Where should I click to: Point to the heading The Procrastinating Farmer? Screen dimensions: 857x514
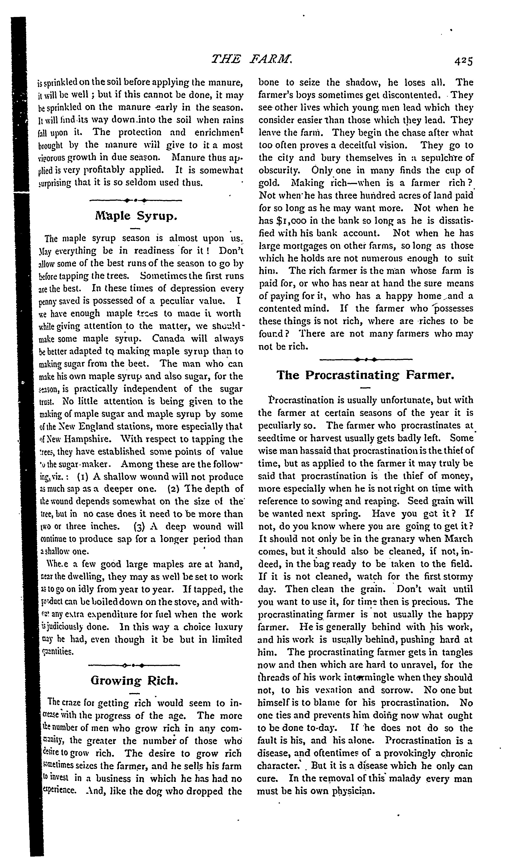(365, 375)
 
